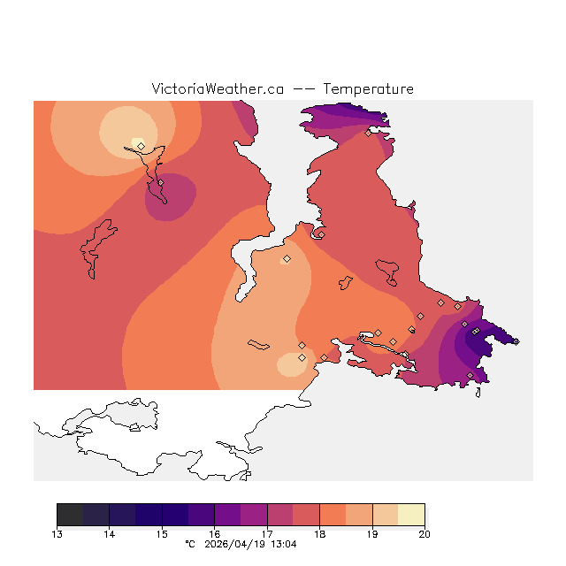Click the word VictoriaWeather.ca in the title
[218, 89]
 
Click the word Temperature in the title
[368, 89]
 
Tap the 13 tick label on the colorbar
[57, 533]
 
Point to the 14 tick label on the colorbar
[109, 533]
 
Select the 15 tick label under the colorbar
[162, 533]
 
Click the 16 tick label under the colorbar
[214, 533]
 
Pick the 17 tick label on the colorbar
[267, 533]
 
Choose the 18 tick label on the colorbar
[319, 533]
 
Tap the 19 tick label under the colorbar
[372, 533]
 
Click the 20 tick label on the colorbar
[424, 533]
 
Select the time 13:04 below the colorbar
[283, 545]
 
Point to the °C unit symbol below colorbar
[189, 545]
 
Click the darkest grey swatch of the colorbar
[70, 514]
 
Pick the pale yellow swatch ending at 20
[411, 514]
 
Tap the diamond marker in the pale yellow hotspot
[141, 146]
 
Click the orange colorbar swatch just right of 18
[333, 514]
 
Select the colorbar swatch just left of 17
[254, 514]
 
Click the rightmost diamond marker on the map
[516, 341]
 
